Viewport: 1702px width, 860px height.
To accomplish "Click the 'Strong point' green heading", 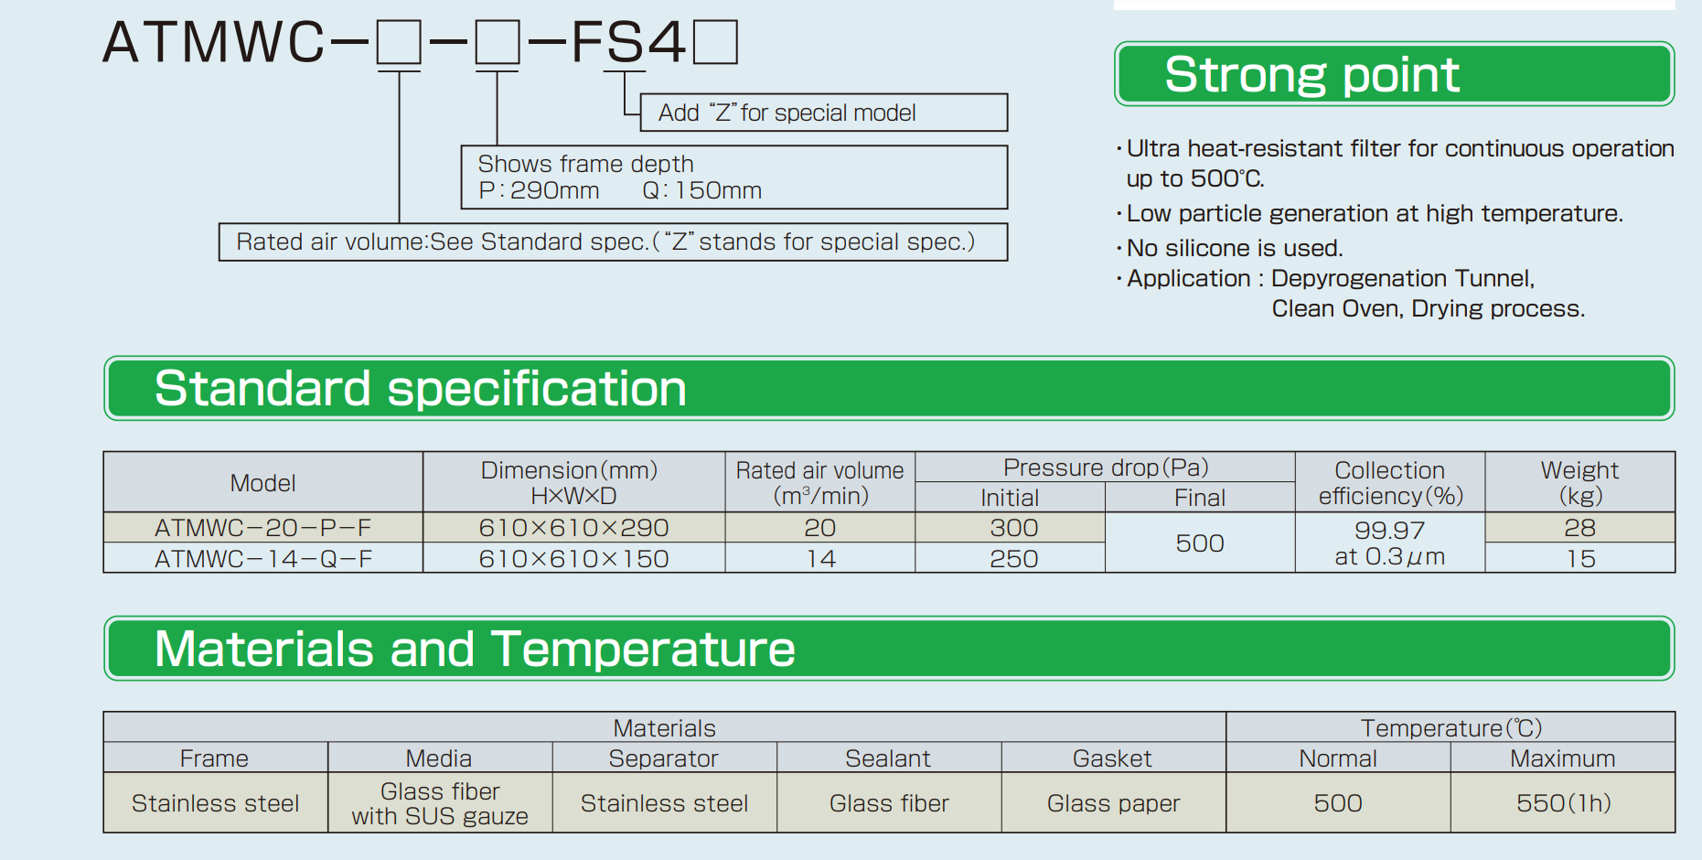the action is click(x=1394, y=74).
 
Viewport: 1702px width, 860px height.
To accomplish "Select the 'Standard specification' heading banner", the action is click(x=889, y=388).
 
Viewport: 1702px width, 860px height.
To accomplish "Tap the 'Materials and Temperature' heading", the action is click(x=889, y=649).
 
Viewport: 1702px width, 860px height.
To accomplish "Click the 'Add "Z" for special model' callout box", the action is click(x=823, y=113).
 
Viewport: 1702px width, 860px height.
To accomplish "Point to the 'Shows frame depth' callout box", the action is click(x=733, y=177).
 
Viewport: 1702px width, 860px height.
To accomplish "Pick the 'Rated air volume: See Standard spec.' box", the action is click(x=613, y=242).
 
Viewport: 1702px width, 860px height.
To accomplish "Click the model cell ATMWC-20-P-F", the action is click(x=263, y=528).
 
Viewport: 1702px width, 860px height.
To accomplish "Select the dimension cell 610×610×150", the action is click(x=574, y=558).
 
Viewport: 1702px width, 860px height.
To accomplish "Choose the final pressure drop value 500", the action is click(x=1200, y=543).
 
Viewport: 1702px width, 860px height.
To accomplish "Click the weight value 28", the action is click(x=1580, y=528).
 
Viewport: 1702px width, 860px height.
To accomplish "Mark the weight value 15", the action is click(x=1580, y=558).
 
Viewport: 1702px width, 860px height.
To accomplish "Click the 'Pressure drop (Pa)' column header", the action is click(x=1106, y=468).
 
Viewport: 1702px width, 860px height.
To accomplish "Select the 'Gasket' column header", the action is click(x=1113, y=758).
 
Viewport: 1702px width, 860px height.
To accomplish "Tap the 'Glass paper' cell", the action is click(x=1113, y=803).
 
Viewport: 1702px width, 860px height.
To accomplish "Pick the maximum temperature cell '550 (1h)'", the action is click(x=1563, y=803).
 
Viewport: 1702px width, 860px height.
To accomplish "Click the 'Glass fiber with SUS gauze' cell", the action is click(x=440, y=803).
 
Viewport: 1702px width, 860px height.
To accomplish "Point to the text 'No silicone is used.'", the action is click(x=1235, y=248).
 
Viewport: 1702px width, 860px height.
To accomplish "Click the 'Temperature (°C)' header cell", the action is click(x=1450, y=727).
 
